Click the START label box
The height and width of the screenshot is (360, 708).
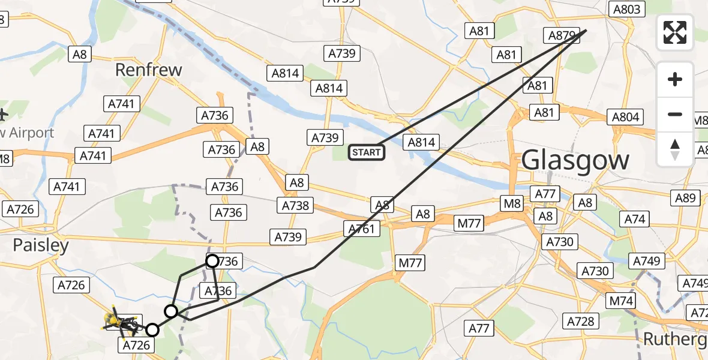point(367,152)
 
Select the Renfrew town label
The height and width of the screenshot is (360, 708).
point(148,70)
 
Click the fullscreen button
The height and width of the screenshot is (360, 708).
point(675,32)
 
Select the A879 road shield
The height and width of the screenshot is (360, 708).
point(562,35)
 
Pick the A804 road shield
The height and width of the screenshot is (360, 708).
point(625,117)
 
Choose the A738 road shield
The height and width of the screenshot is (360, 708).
point(296,206)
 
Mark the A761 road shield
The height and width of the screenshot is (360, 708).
point(362,228)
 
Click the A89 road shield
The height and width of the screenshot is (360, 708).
point(685,199)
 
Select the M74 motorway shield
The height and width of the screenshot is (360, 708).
point(622,301)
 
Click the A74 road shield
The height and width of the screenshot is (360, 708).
point(635,219)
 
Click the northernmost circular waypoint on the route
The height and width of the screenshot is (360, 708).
point(212,261)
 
